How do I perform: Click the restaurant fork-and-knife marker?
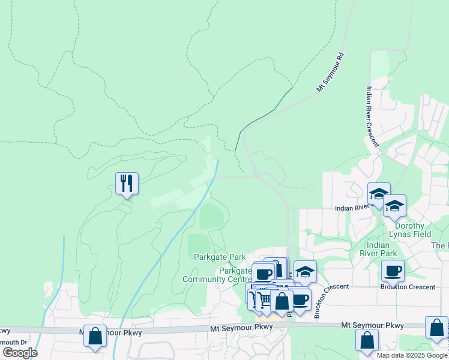click(x=127, y=183)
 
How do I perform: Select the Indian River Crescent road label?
click(x=372, y=117)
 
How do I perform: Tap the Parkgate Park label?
click(x=220, y=257)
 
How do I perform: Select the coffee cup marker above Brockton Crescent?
click(x=393, y=271)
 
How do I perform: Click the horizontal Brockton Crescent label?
click(x=408, y=287)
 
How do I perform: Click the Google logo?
click(x=20, y=353)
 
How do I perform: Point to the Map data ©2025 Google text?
click(x=412, y=355)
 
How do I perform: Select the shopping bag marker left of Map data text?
click(x=367, y=340)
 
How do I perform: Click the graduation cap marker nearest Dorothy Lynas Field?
click(x=394, y=206)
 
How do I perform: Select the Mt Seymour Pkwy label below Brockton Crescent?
click(x=372, y=325)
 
